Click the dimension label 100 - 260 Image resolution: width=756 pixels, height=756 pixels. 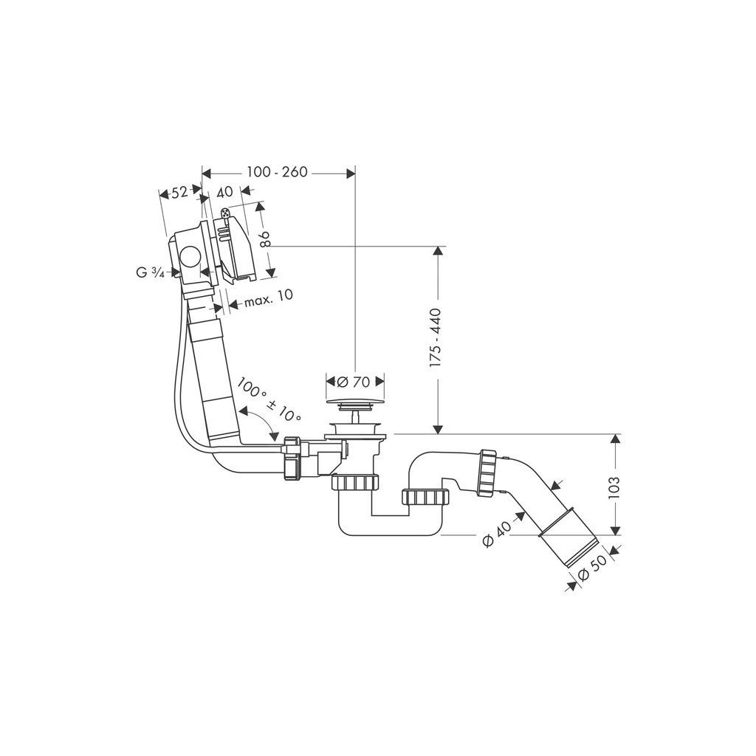tap(277, 172)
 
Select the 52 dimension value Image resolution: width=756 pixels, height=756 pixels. tap(179, 193)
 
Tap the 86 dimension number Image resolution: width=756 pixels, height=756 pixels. tap(267, 238)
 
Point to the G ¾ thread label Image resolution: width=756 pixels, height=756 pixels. tap(150, 272)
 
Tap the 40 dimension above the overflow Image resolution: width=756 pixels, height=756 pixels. tap(224, 192)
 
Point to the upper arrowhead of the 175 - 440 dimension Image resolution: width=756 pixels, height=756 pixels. tap(439, 252)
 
